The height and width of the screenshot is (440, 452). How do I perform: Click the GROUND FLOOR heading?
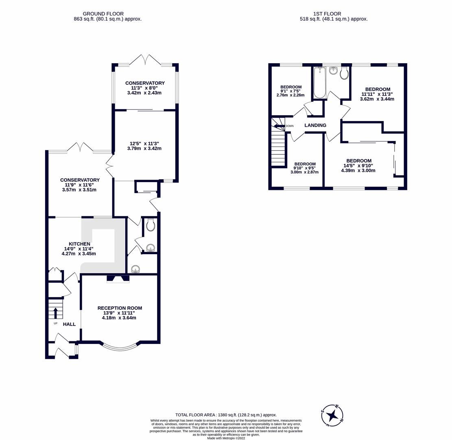coord(103,13)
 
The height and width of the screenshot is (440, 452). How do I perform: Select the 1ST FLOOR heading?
coord(327,13)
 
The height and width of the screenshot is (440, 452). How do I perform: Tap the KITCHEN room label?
coord(79,244)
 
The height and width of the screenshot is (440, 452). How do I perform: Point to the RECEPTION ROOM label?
coord(120,308)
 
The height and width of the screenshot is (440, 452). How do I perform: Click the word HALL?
coord(69,324)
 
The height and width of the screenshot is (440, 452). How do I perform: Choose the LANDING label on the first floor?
coord(315,125)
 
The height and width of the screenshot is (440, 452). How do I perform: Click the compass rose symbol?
coord(332,416)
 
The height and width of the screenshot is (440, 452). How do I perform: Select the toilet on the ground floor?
coord(150,225)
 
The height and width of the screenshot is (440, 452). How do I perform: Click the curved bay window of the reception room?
coord(120,348)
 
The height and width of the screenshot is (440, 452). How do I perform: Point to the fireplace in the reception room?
coord(118,279)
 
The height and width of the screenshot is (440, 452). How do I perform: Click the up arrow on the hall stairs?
coord(56,312)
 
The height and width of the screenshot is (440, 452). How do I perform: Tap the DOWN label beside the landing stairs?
coord(289,126)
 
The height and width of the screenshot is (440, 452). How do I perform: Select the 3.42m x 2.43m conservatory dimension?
coord(144,92)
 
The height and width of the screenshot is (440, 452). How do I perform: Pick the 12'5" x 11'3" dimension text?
coord(144,143)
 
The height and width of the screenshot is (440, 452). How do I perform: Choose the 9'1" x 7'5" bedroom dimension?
coord(291,91)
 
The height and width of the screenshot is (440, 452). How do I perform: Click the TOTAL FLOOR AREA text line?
coord(226,415)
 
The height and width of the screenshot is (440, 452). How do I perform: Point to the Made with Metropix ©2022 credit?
coord(226,438)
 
